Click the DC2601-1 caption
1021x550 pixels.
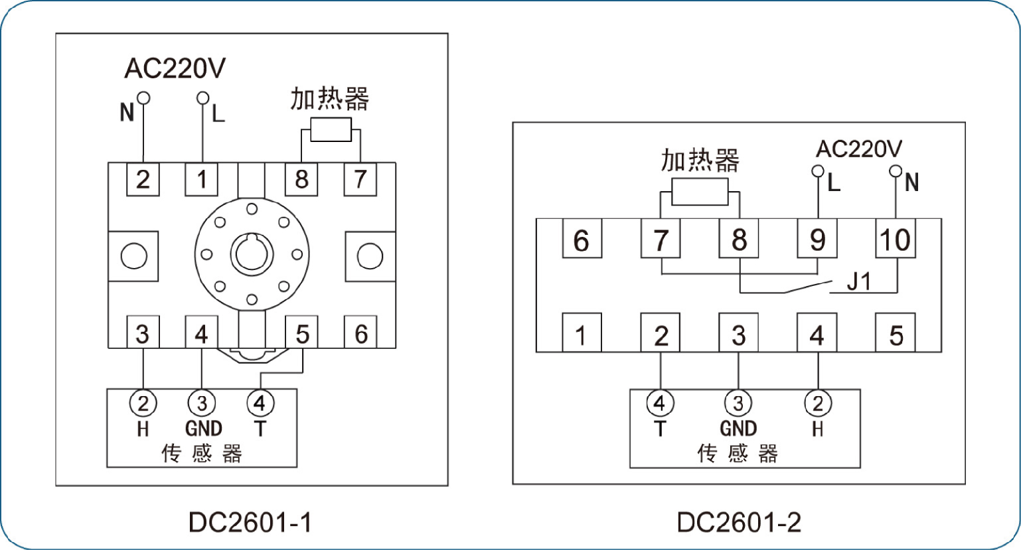pyautogui.click(x=250, y=522)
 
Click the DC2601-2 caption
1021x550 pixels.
pyautogui.click(x=739, y=522)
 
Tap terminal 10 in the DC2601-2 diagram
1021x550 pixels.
pyautogui.click(x=895, y=239)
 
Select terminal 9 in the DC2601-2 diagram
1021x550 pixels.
pyautogui.click(x=817, y=239)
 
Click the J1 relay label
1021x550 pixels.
pyautogui.click(x=859, y=281)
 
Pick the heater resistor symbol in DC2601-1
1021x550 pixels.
pyautogui.click(x=331, y=129)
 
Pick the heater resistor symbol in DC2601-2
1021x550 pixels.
pyautogui.click(x=700, y=191)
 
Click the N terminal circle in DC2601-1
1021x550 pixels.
pyautogui.click(x=143, y=98)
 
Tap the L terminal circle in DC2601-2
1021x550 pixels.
pyautogui.click(x=818, y=171)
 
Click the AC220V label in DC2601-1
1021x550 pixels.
pyautogui.click(x=175, y=68)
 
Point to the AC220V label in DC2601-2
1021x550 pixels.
pyautogui.click(x=859, y=149)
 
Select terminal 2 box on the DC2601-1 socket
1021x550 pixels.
pyautogui.click(x=143, y=179)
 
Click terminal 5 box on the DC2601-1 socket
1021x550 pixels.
pyautogui.click(x=302, y=332)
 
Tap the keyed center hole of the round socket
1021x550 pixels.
pyautogui.click(x=252, y=254)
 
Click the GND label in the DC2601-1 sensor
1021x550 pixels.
pyautogui.click(x=203, y=429)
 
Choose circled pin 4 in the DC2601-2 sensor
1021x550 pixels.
pyautogui.click(x=660, y=403)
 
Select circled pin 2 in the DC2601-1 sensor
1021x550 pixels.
pyautogui.click(x=143, y=403)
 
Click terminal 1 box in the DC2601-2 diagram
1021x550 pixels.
pyautogui.click(x=582, y=332)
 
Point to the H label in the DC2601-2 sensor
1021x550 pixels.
pyautogui.click(x=818, y=429)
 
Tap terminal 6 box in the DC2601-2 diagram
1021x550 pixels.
pyautogui.click(x=582, y=239)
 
